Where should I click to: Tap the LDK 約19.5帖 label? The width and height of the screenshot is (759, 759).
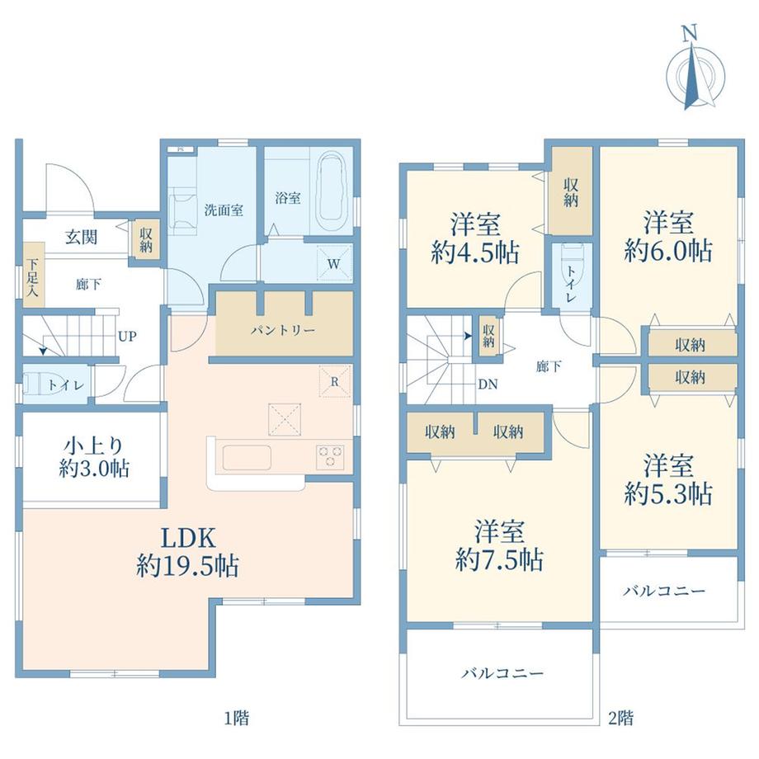[x=187, y=552]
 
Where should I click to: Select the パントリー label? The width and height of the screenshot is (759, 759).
[x=283, y=331]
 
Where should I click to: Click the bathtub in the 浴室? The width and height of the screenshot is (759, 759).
[x=332, y=193]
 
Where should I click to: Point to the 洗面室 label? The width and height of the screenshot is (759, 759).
[x=223, y=210]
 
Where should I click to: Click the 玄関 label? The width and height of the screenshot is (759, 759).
[x=82, y=238]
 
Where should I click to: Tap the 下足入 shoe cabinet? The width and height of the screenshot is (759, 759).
[x=33, y=275]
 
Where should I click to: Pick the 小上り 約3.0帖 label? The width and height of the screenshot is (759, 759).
[x=94, y=456]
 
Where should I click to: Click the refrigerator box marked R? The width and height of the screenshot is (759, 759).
[x=334, y=381]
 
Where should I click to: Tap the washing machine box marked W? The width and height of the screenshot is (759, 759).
[x=333, y=263]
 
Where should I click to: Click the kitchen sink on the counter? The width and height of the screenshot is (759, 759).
[x=247, y=457]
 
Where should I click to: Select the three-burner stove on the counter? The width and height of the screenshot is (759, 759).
[x=331, y=457]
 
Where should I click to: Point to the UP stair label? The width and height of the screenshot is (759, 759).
[x=127, y=336]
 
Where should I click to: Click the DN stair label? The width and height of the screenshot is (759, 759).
[x=488, y=384]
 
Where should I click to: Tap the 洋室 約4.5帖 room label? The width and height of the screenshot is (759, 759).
[x=475, y=238]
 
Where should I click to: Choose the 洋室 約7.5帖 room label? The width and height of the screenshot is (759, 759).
[x=499, y=545]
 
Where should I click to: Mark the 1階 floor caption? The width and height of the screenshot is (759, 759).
[x=236, y=718]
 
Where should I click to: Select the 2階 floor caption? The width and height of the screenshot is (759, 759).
[x=620, y=718]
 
